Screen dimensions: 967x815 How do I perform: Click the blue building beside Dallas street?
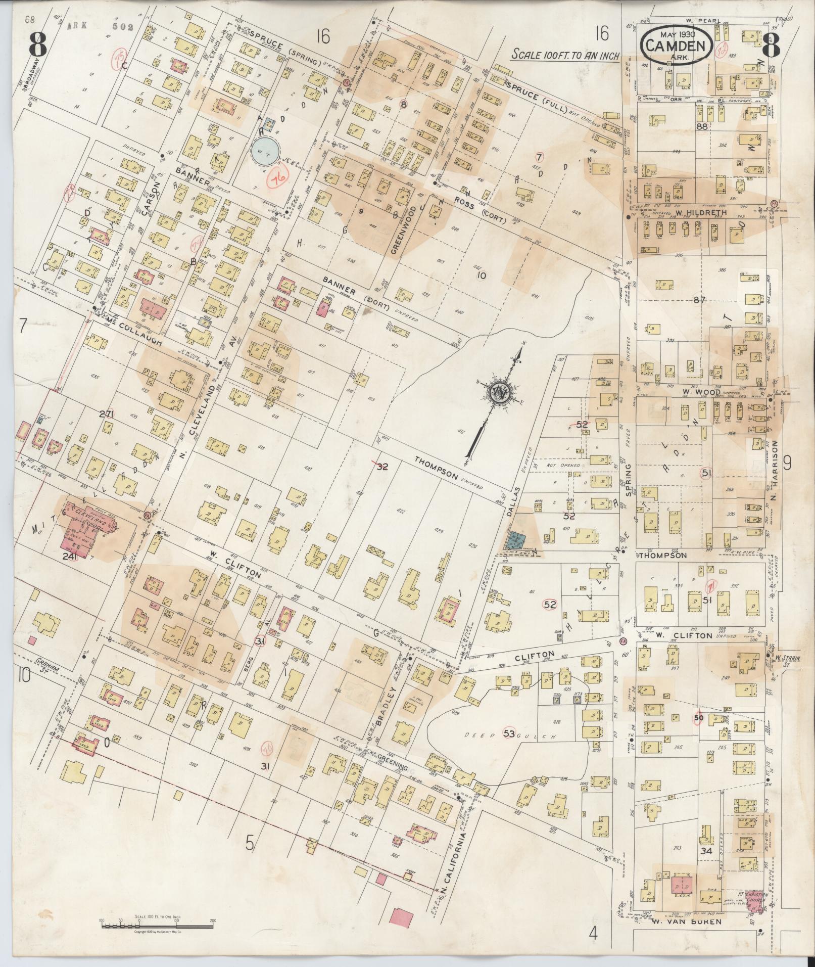pyautogui.click(x=515, y=540)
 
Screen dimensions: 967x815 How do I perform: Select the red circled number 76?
pyautogui.click(x=276, y=179)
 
